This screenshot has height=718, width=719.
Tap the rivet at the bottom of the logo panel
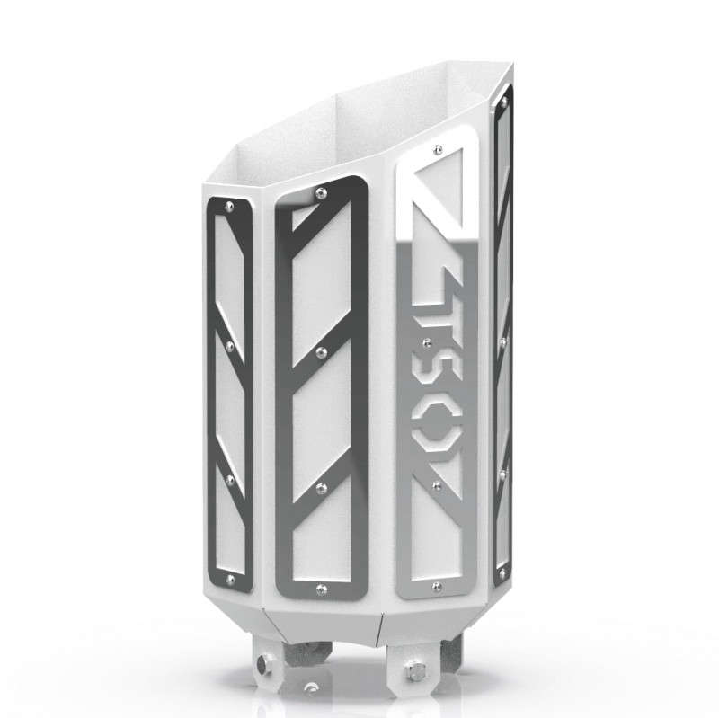tap(437, 586)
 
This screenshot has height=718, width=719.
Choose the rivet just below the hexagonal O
tap(438, 485)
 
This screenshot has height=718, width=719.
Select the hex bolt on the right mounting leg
tap(417, 672)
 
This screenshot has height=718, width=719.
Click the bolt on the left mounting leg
tap(262, 665)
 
